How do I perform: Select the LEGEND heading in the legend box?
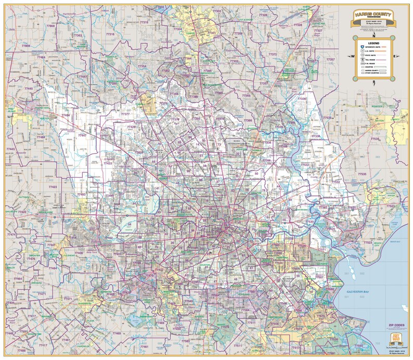pyautogui.click(x=374, y=43)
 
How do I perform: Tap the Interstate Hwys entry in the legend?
pyautogui.click(x=374, y=47)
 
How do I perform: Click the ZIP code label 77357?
pyautogui.click(x=331, y=59)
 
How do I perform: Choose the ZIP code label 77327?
pyautogui.click(x=318, y=31)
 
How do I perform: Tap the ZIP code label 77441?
pyautogui.click(x=52, y=245)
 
